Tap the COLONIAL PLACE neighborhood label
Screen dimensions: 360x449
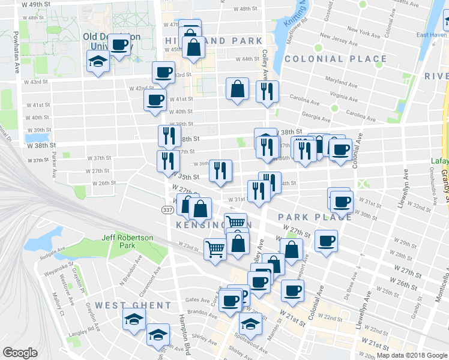pyautogui.click(x=336, y=59)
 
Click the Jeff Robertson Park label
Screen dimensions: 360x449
pyautogui.click(x=127, y=241)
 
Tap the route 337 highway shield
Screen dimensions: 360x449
pyautogui.click(x=167, y=209)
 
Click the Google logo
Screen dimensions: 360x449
pyautogui.click(x=20, y=352)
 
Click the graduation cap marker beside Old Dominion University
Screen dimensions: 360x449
pyautogui.click(x=98, y=62)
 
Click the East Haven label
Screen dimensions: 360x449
pyautogui.click(x=431, y=35)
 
